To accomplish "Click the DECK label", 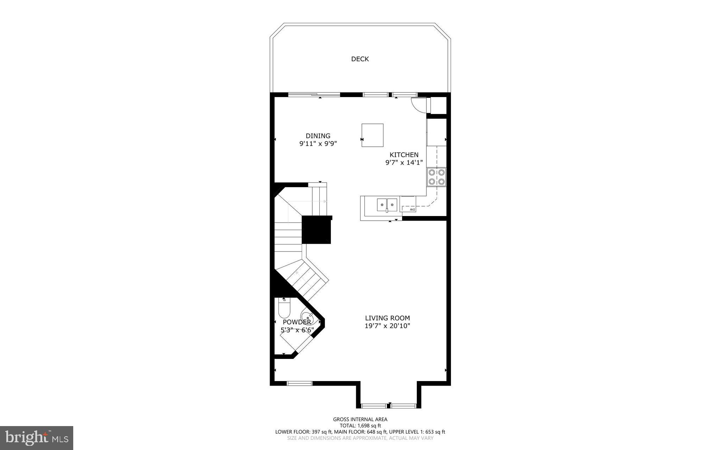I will coord(360,59).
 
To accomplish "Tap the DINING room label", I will coord(318,136).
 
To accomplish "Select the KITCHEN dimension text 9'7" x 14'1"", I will coord(404,163).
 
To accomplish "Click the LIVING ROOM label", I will coord(387,318).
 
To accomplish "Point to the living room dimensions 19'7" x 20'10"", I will coord(387,326).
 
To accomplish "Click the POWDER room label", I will coord(297,322).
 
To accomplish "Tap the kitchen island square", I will coord(372,135).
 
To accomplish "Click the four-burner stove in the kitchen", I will coord(437,177).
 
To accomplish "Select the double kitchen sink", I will coord(387,204).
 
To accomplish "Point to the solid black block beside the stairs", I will coord(316,229).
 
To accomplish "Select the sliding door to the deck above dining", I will coord(314,94).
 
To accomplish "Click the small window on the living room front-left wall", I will coord(300,383).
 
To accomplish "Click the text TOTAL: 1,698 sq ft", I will coord(360,425).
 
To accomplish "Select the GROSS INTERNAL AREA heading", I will coord(360,419).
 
